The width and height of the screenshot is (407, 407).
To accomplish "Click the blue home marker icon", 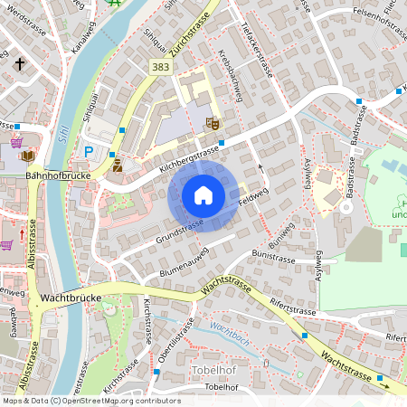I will pos(203,195).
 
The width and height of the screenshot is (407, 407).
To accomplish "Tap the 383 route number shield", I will pos(160,68).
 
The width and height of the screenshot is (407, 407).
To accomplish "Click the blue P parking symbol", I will pos(89,153).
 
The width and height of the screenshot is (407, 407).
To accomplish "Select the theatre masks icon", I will pos(213,122).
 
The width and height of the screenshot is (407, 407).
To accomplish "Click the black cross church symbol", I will pos(19,64).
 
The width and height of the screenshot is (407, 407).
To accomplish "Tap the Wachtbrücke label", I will pos(69,297).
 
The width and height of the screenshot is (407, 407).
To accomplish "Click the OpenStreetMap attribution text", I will pos(90,401).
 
